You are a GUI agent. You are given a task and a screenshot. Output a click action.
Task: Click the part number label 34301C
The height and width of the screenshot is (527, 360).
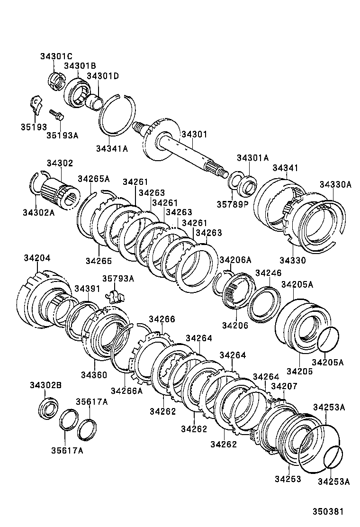tap(56, 57)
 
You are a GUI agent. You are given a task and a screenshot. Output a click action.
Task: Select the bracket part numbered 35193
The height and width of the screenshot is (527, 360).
tap(35, 104)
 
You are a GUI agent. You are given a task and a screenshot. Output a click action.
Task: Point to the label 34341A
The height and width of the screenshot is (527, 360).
tap(112, 149)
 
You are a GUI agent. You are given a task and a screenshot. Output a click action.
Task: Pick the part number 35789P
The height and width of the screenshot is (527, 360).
tap(233, 205)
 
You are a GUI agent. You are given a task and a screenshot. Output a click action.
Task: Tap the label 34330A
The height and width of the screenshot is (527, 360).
tap(335, 184)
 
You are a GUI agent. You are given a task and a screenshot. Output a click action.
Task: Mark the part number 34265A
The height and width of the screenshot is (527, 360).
tap(93, 179)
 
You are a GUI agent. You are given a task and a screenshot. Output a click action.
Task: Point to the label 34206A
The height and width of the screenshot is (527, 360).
tap(235, 260)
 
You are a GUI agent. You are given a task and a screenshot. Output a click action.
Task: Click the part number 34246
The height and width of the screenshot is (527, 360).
tap(268, 273)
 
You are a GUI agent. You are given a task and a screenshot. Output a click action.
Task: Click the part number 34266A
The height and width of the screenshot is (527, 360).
tap(126, 391)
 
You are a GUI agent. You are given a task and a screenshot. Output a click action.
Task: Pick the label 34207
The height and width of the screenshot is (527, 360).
tap(284, 387)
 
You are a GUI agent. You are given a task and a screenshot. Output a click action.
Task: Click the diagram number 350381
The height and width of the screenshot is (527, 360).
tap(327, 512)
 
